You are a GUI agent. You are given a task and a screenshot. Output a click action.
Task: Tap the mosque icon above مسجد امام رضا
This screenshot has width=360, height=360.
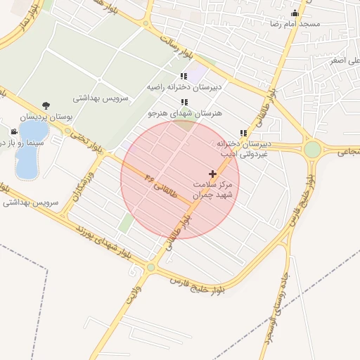(x=295, y=13)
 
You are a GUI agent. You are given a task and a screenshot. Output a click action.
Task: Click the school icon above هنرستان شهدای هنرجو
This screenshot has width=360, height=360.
(x=184, y=102)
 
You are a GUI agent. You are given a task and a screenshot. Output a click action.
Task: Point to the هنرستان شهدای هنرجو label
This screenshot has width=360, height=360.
(x=185, y=112)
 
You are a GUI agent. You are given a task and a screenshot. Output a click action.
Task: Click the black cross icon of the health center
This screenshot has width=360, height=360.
(x=213, y=173)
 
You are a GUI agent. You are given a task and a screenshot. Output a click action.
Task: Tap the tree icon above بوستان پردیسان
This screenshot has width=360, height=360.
(x=46, y=105)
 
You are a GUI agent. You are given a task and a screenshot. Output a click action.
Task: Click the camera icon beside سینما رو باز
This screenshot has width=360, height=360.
(x=13, y=131)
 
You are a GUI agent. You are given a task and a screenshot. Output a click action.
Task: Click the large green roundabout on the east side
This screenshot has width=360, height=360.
(x=312, y=149)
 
